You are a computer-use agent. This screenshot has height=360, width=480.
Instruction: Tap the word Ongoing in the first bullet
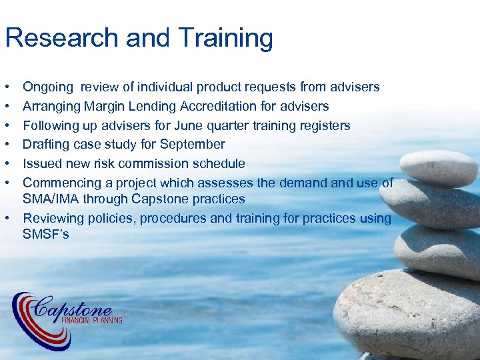(x=47, y=87)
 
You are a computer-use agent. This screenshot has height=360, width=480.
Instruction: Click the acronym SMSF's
(x=46, y=234)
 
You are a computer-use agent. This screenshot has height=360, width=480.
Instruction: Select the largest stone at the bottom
(x=407, y=313)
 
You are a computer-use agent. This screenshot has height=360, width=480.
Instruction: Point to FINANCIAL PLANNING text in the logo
(x=91, y=321)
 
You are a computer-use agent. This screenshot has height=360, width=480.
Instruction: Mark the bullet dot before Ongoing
(x=6, y=87)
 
